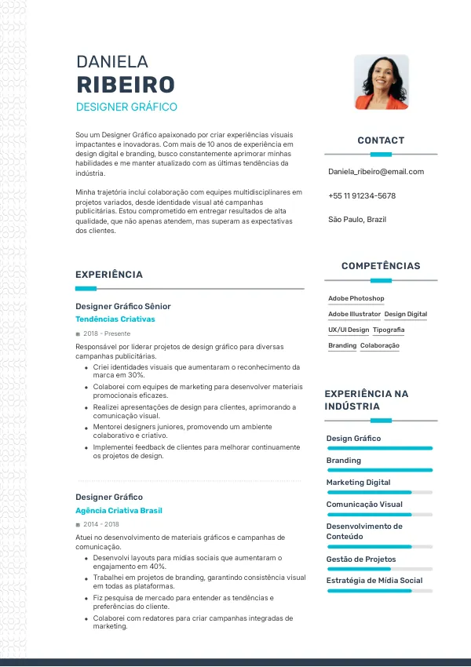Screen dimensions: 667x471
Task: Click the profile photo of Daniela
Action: click(x=382, y=82)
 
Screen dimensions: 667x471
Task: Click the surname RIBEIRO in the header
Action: click(x=126, y=85)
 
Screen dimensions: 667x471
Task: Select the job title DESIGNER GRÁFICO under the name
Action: click(x=126, y=107)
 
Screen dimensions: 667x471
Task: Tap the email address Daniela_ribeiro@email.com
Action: click(x=376, y=172)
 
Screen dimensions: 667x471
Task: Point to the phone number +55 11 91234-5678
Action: click(x=362, y=196)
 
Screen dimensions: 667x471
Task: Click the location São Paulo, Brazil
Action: click(x=357, y=220)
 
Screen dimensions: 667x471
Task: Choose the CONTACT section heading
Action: click(x=381, y=140)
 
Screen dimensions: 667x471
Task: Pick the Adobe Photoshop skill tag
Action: click(x=356, y=299)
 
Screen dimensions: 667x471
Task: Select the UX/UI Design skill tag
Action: click(x=349, y=330)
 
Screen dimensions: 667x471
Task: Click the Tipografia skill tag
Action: click(x=389, y=330)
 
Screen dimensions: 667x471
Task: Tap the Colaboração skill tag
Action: click(x=380, y=346)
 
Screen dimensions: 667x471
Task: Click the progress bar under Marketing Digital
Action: click(x=379, y=492)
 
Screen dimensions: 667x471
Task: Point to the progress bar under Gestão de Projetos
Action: click(x=379, y=569)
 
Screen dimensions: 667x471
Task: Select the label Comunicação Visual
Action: click(x=364, y=505)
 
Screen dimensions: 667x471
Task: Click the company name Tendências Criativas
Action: click(x=115, y=319)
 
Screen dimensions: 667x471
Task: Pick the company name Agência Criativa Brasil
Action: click(x=119, y=511)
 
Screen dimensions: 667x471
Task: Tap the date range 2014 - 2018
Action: click(x=101, y=524)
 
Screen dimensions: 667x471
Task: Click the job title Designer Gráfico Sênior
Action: click(x=123, y=306)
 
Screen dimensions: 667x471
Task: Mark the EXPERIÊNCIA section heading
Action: click(x=109, y=275)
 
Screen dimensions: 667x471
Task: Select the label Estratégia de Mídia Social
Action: click(x=374, y=581)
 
